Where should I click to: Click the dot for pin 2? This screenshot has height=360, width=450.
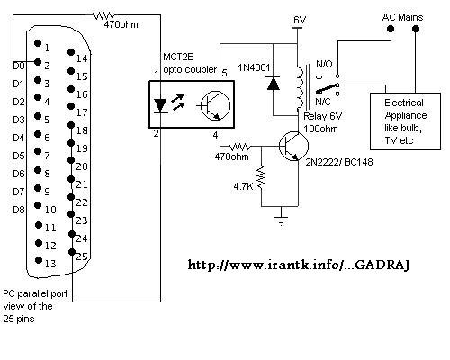pos(38,62)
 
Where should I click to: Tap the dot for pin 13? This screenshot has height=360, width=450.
pos(39,260)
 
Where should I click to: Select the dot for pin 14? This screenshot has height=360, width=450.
pos(71,52)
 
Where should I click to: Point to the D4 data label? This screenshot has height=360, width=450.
pos(19,138)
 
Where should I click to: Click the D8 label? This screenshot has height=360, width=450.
pos(19,210)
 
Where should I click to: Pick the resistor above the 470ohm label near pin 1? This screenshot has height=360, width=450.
pos(103,15)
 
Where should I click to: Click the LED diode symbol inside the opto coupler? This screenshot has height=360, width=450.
pos(160,106)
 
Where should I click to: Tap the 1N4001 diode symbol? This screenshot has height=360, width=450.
pos(274,83)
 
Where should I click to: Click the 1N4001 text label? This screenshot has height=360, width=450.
pos(254,67)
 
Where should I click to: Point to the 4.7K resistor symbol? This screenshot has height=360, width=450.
pos(261,178)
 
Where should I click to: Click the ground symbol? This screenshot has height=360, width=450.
pos(281,220)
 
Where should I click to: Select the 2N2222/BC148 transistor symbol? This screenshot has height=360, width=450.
pos(293,147)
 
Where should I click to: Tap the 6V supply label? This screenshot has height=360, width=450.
pos(300,20)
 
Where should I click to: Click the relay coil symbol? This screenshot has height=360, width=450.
pos(300,87)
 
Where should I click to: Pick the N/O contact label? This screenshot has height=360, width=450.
pos(324,64)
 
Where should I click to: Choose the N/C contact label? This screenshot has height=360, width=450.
pos(323,102)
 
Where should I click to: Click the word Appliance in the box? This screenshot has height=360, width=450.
pos(406,116)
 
